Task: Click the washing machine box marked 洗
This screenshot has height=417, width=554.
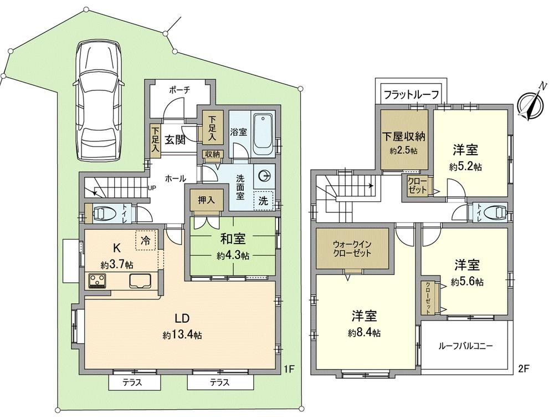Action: (264, 201)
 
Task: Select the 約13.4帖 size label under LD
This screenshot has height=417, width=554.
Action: (182, 335)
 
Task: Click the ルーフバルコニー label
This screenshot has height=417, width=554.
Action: (465, 345)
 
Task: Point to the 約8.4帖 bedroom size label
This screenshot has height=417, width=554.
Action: (364, 333)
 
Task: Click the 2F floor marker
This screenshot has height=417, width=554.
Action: (524, 368)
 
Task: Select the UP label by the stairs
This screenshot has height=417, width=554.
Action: (151, 187)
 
